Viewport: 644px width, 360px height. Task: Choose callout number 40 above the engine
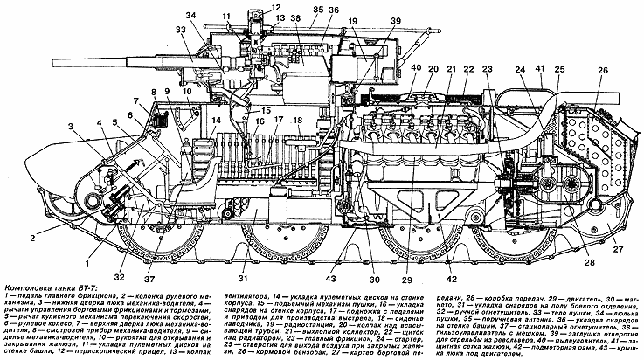tap(416, 69)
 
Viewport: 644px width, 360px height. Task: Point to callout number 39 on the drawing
tap(396, 22)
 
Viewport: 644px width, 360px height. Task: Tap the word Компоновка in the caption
tap(31, 287)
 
